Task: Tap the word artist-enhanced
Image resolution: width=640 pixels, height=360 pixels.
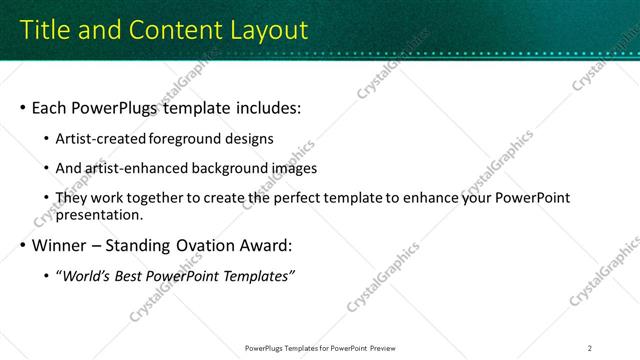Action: click(138, 169)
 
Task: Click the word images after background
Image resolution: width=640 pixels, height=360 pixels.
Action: click(293, 169)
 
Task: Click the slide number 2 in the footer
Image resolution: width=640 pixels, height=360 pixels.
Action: click(590, 348)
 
